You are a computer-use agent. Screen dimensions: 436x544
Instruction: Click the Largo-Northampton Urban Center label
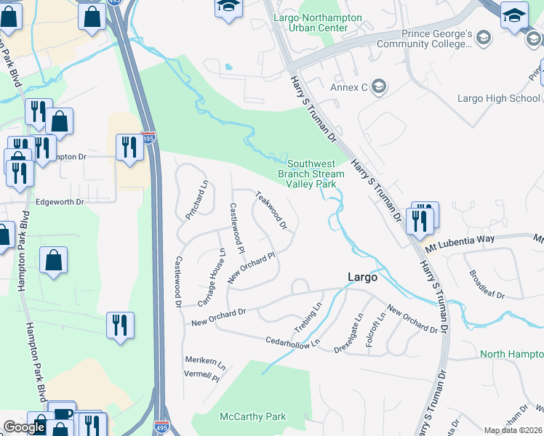311,23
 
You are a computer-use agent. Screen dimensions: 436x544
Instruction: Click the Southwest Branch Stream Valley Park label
311,174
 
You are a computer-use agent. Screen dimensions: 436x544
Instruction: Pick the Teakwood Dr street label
271,211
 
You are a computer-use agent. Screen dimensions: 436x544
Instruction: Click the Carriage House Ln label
212,278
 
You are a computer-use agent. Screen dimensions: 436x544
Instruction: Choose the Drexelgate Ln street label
356,330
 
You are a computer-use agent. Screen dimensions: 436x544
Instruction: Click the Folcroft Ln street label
372,331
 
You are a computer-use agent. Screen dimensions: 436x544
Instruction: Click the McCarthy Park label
253,417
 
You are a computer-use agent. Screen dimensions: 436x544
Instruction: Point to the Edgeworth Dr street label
60,202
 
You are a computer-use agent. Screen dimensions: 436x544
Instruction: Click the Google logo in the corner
24,427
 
